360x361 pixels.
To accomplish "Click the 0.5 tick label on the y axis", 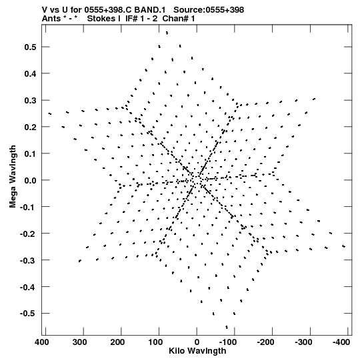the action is [x=30, y=47].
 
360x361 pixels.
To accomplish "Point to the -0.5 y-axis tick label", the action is [x=27, y=314].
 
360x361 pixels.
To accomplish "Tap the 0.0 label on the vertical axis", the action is [x=30, y=180].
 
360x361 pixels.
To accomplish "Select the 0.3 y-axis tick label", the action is [x=30, y=100].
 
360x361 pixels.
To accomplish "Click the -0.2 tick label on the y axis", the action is [x=27, y=234].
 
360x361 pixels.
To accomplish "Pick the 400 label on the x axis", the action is [x=42, y=342].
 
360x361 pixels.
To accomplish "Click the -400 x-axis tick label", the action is [x=341, y=342].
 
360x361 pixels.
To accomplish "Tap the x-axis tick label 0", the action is [x=197, y=342].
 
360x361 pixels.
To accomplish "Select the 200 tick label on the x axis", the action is [x=118, y=342].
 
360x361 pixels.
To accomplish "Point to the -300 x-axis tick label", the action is [x=303, y=342].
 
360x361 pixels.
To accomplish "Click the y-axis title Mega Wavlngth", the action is [x=13, y=177].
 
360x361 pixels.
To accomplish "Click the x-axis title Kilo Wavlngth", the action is [x=197, y=351].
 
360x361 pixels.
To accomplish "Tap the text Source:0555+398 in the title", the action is [x=209, y=10].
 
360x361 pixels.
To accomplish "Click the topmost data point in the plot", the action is [x=167, y=33].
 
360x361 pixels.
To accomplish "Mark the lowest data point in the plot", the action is [x=227, y=327].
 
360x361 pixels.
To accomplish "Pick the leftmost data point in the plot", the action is [x=50, y=113].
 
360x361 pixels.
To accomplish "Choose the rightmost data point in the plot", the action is [x=344, y=246].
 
